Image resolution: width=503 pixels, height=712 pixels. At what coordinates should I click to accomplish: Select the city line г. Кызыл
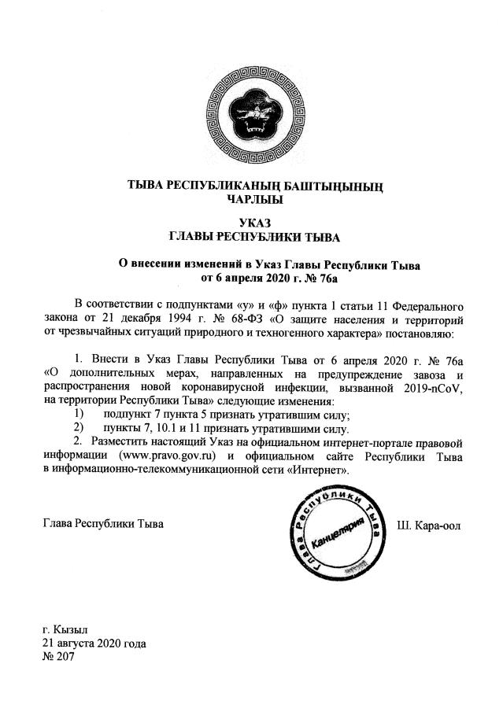tap(66, 630)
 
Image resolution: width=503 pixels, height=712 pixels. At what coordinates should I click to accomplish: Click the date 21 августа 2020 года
tap(94, 643)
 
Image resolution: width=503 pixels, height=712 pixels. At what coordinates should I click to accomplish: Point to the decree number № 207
tap(57, 656)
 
